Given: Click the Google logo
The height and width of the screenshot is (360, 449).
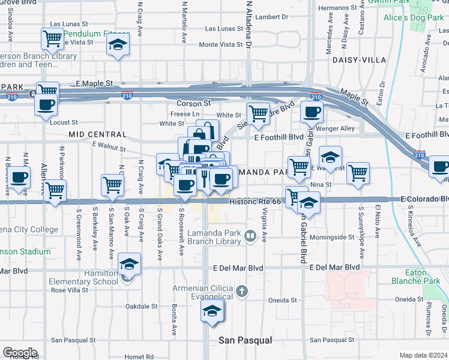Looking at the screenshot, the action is point(20,352).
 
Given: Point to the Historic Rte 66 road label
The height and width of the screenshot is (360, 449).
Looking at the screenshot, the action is point(255,202).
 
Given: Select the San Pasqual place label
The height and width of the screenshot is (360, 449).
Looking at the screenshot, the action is point(245,340).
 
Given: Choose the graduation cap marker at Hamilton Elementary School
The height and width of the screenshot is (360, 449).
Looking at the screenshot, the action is point(128,264).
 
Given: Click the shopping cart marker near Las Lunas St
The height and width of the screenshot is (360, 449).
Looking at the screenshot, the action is point(52,39).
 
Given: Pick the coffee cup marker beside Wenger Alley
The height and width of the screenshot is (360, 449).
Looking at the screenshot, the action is point(311,111).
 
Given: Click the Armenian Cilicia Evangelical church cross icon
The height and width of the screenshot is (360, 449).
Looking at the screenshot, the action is point(242,292).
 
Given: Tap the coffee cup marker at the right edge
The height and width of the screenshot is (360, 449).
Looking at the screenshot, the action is point(440,166).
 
